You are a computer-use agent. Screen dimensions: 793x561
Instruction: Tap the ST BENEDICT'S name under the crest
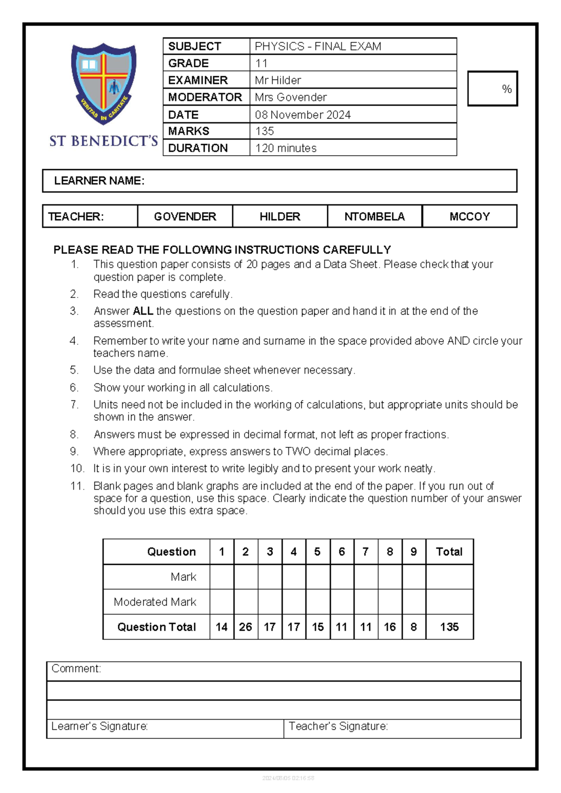coord(103,141)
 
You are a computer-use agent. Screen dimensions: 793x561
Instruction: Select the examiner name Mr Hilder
coord(278,80)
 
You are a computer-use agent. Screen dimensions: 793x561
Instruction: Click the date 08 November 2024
coord(302,115)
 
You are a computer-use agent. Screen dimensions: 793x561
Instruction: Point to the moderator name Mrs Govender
coord(290,97)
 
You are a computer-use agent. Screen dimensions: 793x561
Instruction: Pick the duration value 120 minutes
coord(286,148)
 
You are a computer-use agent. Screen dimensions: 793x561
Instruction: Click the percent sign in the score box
coord(506,89)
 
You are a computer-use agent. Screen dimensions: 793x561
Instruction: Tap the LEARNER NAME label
coord(99,181)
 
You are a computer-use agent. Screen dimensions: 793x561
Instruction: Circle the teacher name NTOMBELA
coord(374,216)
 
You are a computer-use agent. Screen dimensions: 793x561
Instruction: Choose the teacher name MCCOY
coord(469,216)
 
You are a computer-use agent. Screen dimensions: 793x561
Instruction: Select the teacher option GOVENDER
coord(185,216)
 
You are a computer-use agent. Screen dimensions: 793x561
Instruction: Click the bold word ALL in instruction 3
coord(143,311)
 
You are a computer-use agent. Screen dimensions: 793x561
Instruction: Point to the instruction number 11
coord(77,486)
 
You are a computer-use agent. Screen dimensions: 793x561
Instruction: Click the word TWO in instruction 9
coord(298,452)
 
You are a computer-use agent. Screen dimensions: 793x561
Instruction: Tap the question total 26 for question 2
coord(245,627)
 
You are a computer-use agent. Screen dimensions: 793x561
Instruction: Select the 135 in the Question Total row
coord(449,627)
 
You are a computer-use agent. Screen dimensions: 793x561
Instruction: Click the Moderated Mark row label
coord(155,602)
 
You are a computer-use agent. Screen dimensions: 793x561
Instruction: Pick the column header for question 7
coord(366,552)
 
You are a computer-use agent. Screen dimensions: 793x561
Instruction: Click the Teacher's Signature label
coord(338,726)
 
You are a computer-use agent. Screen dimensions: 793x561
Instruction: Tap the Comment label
coord(76,669)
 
